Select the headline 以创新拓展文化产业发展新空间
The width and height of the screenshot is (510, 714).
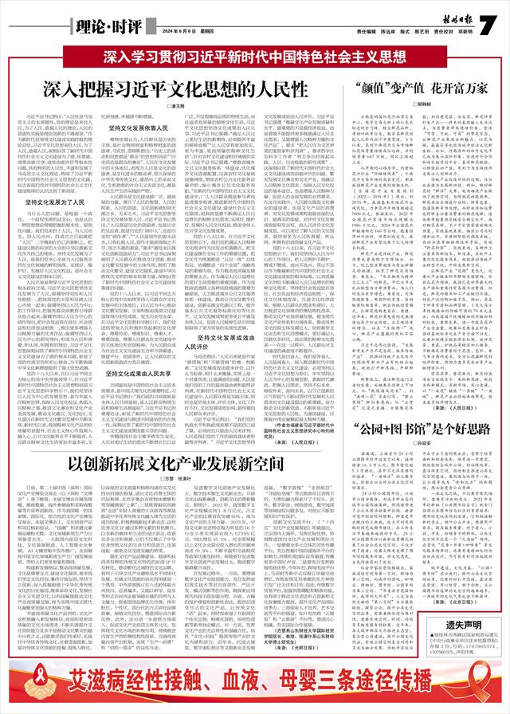(x=183, y=439)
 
